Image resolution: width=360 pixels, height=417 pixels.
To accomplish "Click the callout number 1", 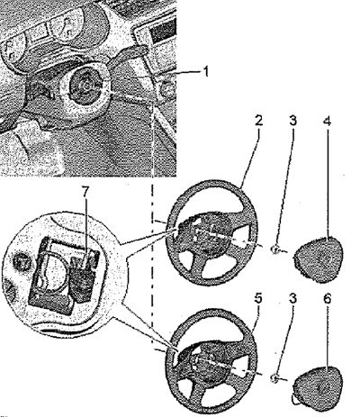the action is click(206, 71).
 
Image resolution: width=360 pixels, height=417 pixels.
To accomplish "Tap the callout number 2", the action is click(258, 120).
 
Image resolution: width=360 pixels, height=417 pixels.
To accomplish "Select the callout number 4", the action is click(328, 122).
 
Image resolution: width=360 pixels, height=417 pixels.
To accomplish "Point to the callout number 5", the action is click(258, 298).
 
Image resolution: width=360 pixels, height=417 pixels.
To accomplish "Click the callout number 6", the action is click(328, 299).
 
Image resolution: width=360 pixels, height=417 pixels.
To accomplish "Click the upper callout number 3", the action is click(292, 120).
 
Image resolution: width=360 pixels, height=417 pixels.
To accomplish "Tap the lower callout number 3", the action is click(292, 298).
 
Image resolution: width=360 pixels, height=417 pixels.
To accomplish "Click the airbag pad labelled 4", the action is click(318, 259).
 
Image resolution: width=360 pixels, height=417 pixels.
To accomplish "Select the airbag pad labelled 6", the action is click(318, 387).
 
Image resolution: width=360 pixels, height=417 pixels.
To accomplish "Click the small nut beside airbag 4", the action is click(274, 249).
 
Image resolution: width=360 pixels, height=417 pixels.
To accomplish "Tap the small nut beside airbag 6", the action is click(274, 378).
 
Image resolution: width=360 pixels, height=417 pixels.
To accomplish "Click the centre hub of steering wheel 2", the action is click(207, 232).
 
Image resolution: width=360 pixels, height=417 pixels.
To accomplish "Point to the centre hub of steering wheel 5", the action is click(207, 358).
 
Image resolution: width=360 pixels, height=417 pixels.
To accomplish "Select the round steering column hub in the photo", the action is click(85, 86).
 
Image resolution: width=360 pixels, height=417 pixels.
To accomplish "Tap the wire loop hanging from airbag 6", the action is click(295, 399).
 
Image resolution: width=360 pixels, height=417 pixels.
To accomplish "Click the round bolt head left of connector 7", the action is click(22, 262).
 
